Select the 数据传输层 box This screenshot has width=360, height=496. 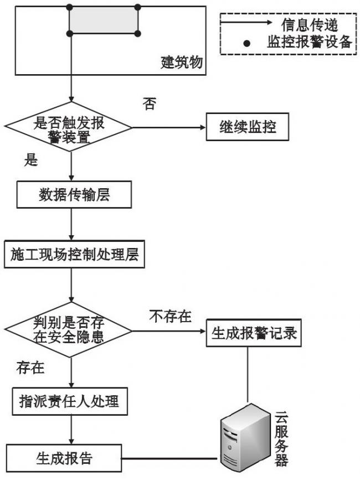[x=74, y=196]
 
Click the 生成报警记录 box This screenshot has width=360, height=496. [x=254, y=334]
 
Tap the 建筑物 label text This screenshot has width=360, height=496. [x=181, y=62]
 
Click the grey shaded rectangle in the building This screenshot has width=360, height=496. [x=104, y=21]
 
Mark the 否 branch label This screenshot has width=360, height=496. [x=149, y=104]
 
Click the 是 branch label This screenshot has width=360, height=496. [x=31, y=161]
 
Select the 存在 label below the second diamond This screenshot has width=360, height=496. [x=31, y=368]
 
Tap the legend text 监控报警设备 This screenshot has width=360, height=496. [x=310, y=43]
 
